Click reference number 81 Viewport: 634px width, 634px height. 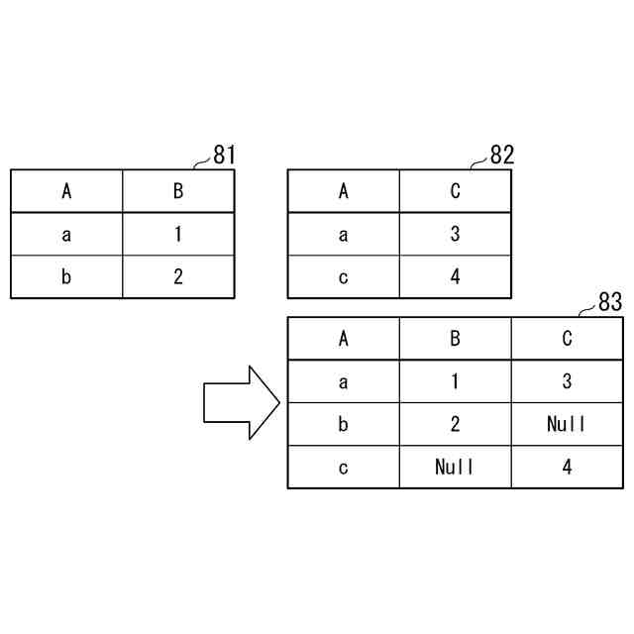pos(225,156)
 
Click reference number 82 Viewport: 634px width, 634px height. pos(502,156)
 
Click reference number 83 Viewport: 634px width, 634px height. pos(610,303)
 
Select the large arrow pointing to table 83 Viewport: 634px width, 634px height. pos(242,402)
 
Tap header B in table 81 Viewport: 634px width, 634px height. pos(178,191)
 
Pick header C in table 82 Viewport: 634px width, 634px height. pos(456,191)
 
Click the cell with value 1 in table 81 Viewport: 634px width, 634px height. pos(178,235)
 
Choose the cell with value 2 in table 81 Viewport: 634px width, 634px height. pos(178,277)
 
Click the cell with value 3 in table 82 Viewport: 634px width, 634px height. pos(456,235)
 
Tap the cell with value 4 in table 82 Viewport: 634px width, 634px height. pos(456,277)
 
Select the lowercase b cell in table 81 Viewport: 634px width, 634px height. pos(66,277)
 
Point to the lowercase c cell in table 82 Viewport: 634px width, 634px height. pos(344,277)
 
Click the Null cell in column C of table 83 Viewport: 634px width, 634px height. pos(567,424)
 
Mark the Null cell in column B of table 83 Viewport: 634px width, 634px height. pos(455,467)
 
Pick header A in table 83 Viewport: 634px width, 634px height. pos(344,339)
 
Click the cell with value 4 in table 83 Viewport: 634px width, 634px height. pos(567,467)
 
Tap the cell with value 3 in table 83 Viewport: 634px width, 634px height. pos(567,381)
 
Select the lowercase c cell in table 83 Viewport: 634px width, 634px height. pos(344,467)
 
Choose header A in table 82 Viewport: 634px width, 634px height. pos(344,191)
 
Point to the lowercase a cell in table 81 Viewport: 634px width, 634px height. pos(66,235)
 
